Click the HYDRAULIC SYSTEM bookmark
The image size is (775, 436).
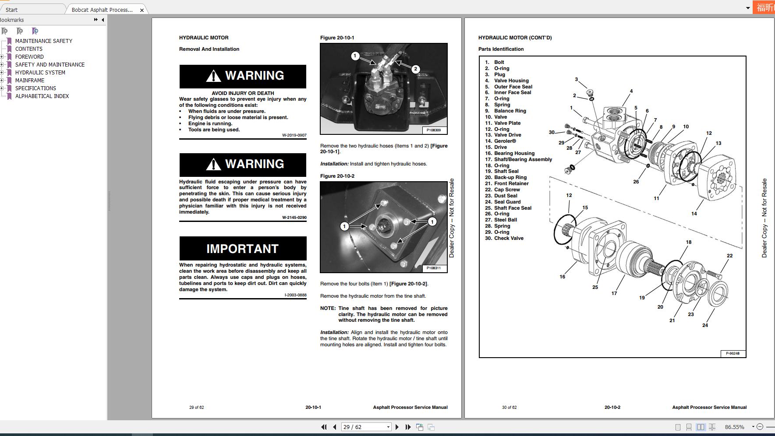40,73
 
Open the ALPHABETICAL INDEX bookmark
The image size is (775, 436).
42,96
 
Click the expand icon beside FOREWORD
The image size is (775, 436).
2,57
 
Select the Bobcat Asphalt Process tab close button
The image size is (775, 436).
142,10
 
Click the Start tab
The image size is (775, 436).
12,10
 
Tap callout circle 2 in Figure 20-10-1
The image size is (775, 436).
415,69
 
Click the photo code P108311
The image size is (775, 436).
433,268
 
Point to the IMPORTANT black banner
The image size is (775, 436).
243,249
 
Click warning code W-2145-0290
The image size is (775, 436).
294,218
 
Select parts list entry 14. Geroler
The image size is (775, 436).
505,141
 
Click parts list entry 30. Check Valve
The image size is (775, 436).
508,239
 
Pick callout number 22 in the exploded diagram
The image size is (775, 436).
729,256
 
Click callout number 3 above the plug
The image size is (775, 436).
576,80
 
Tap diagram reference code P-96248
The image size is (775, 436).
733,353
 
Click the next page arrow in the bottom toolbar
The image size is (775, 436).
397,427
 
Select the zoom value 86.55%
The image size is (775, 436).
734,427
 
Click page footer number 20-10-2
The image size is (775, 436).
612,408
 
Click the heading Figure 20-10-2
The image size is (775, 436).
337,176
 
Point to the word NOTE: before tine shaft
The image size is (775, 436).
328,308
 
